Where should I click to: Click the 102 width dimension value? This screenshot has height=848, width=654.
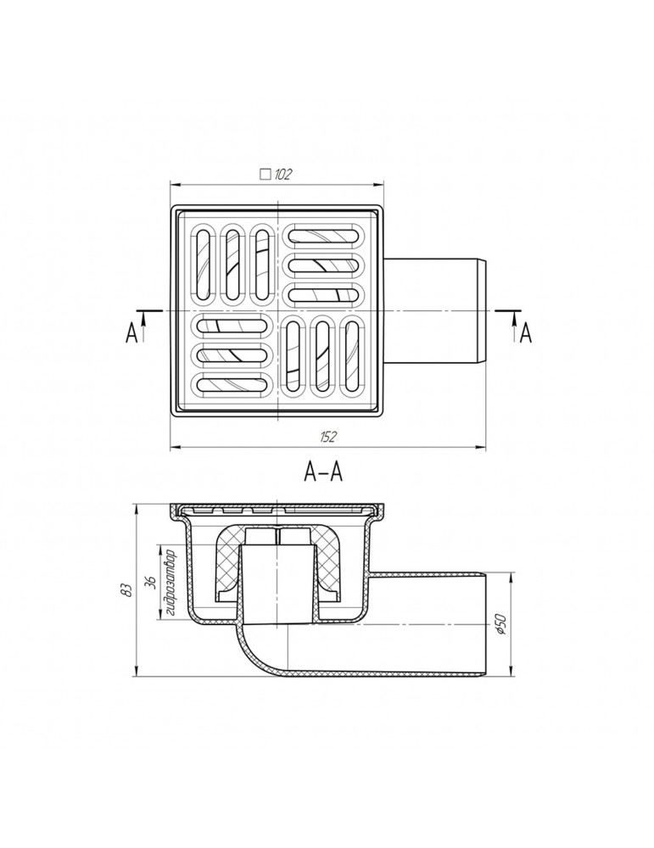(283, 174)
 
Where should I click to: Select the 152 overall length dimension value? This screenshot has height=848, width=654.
(327, 437)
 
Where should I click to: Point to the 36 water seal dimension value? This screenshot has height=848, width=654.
(152, 582)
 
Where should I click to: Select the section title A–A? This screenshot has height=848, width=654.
(323, 472)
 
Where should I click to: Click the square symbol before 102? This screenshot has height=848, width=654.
(265, 174)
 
